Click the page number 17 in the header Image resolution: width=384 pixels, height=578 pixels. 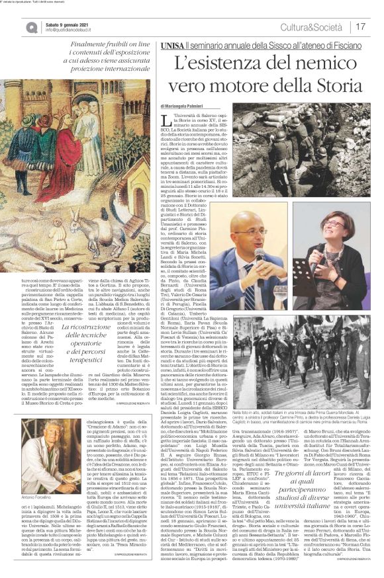click(x=361, y=26)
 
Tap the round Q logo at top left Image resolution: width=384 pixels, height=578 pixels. click(x=32, y=27)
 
